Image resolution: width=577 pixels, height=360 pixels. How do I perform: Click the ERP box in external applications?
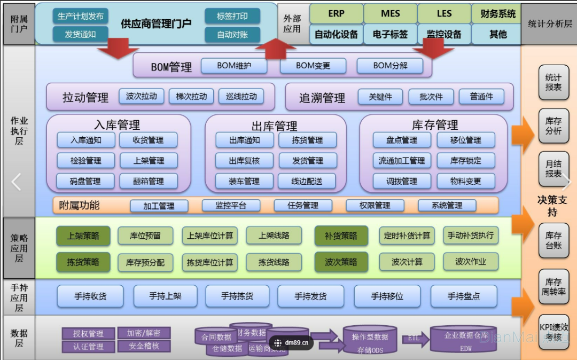point(336,14)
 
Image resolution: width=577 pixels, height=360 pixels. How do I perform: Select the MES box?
point(390,14)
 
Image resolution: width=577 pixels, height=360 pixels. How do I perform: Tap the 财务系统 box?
point(498,14)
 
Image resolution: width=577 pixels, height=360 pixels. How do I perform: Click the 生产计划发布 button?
point(81,16)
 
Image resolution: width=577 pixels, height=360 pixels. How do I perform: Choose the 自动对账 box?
point(232,35)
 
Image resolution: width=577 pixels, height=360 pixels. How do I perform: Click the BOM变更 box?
point(313,66)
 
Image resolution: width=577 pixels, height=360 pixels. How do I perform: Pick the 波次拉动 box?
point(142,97)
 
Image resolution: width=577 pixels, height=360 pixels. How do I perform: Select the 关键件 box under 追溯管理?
point(380,97)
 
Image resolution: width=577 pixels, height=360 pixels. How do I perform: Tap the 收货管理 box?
point(149,140)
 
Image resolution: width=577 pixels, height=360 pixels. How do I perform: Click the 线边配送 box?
point(307,181)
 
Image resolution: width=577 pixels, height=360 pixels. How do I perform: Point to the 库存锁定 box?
point(466,160)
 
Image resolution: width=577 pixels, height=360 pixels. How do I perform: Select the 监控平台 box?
point(231,205)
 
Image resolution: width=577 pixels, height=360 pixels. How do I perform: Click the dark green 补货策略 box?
point(341,236)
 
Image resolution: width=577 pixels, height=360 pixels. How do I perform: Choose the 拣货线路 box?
point(274,262)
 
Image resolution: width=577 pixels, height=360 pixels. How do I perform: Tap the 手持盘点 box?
point(464,296)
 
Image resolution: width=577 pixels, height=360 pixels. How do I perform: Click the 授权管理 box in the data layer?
point(88,333)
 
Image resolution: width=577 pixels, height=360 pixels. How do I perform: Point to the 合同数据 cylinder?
point(216,337)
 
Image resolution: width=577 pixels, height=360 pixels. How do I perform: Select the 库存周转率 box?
point(553,287)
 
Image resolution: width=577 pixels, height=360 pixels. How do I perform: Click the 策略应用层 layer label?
point(19,248)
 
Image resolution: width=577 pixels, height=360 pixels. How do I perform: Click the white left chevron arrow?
point(17,182)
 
